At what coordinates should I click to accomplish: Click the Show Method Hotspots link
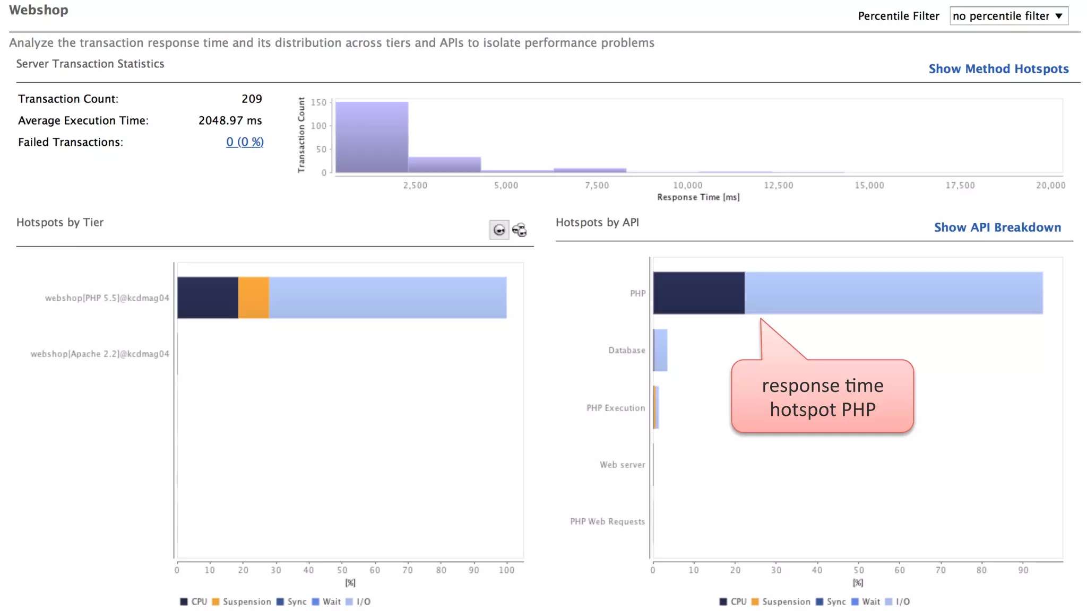coord(998,69)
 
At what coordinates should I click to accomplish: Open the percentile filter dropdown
coord(1008,16)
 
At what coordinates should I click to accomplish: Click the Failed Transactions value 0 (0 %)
coord(245,142)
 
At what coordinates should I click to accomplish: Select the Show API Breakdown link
coord(997,228)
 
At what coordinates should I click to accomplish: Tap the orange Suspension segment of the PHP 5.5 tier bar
coord(253,298)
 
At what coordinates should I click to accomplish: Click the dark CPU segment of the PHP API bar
coord(698,293)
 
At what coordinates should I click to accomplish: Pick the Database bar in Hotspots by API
coord(660,350)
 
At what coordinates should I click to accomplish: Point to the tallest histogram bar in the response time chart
coord(372,137)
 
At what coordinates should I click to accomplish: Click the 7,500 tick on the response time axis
coord(597,186)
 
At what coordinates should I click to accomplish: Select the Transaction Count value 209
coord(252,99)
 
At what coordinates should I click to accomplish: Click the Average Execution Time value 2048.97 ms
coord(230,121)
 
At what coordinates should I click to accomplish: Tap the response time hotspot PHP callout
coord(822,397)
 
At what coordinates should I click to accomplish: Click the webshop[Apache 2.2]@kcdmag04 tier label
coord(100,354)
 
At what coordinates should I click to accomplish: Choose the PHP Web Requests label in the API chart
coord(607,521)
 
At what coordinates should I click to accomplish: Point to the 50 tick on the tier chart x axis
coord(342,570)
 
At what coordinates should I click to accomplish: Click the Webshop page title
coord(38,10)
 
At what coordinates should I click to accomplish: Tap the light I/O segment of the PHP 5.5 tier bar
coord(387,298)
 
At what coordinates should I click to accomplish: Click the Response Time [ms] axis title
coord(698,197)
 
